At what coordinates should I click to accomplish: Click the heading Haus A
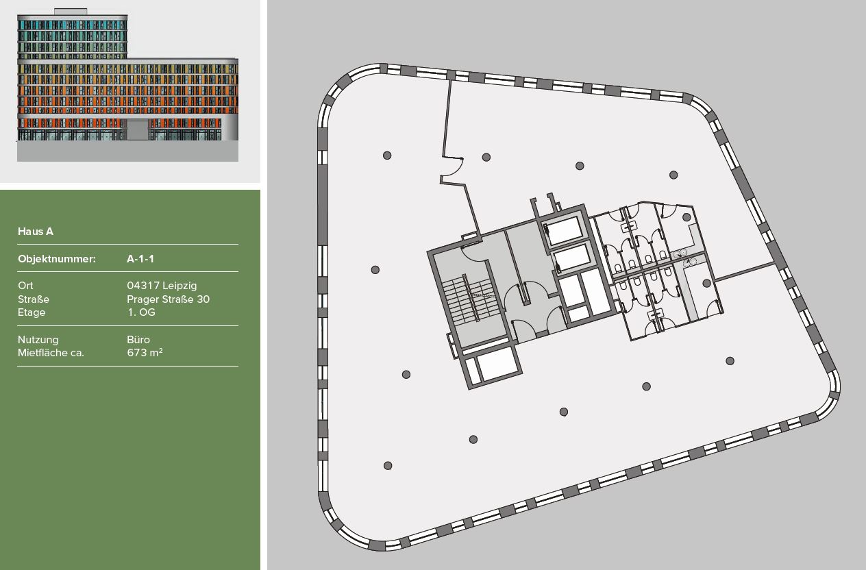click(x=36, y=232)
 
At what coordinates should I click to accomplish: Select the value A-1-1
click(x=140, y=259)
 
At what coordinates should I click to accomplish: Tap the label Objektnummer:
click(x=56, y=259)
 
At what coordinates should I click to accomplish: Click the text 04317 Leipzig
click(x=162, y=286)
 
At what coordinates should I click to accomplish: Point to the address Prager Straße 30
click(x=168, y=299)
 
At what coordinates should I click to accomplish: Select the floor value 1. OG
click(x=141, y=312)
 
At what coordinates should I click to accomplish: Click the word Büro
click(x=138, y=340)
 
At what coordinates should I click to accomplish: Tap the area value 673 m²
click(x=145, y=353)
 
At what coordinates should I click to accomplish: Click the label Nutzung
click(x=38, y=340)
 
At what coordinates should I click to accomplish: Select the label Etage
click(x=32, y=312)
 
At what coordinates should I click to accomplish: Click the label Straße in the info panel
click(x=34, y=299)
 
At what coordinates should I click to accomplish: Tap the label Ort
click(x=25, y=286)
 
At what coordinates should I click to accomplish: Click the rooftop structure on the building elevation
click(x=70, y=12)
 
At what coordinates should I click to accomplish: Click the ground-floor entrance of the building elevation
click(x=138, y=129)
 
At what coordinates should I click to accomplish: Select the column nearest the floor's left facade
click(x=375, y=270)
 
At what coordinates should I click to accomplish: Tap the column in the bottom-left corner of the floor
click(x=388, y=466)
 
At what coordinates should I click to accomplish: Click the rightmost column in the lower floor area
click(x=730, y=361)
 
